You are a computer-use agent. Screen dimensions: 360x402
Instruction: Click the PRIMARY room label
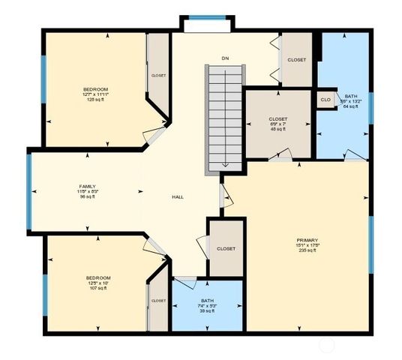(306, 240)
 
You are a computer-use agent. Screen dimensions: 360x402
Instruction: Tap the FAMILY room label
(88, 186)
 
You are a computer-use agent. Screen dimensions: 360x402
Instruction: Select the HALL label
(178, 197)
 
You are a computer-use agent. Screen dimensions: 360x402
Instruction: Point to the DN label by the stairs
(224, 58)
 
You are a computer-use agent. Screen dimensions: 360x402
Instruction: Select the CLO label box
(325, 100)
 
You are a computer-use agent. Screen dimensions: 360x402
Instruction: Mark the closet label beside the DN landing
(296, 60)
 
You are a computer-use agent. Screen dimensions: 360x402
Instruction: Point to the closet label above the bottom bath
(226, 248)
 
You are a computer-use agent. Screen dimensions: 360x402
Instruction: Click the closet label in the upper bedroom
(158, 75)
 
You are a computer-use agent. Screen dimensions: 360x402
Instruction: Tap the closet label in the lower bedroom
(158, 301)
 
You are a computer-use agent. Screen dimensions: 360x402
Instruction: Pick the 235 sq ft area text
(306, 250)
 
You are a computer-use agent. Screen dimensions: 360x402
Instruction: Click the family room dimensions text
(88, 192)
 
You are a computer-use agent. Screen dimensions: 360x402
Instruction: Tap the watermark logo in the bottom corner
(328, 346)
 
